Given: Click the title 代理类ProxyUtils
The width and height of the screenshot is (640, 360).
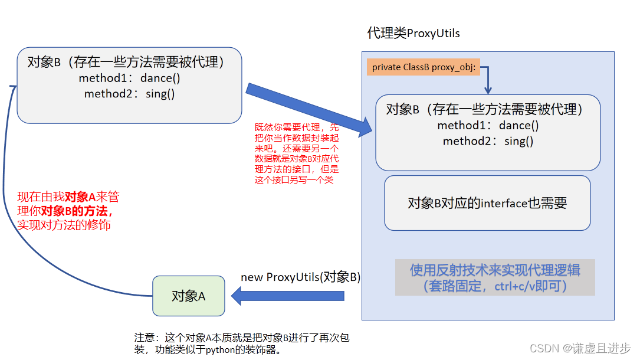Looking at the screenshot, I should coord(413,33).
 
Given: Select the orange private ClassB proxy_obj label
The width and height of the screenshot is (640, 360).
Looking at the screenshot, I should coord(423,67).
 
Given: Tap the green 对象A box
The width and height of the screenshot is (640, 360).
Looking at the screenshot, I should coord(188,296).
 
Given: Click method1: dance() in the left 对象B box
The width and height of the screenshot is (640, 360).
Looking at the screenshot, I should coord(129,78).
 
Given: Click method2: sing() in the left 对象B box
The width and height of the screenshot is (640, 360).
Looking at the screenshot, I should coord(129,94).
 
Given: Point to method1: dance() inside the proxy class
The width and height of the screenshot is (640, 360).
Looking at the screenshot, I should coord(488,125).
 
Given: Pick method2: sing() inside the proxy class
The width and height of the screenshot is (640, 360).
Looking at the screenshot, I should coord(488,141).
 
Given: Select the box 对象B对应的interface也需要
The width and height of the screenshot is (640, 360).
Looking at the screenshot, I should coord(487,203).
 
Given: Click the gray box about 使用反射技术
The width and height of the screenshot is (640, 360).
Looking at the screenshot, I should coord(495,277).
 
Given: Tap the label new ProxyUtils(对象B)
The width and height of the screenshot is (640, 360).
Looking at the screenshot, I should coord(300,277).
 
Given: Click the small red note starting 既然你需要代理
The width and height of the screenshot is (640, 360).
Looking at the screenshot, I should coord(297,153).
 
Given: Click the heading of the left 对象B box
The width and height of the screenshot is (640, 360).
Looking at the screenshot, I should coord(126,62).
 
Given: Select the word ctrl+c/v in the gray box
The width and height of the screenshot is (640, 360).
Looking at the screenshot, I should coord(524,286).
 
